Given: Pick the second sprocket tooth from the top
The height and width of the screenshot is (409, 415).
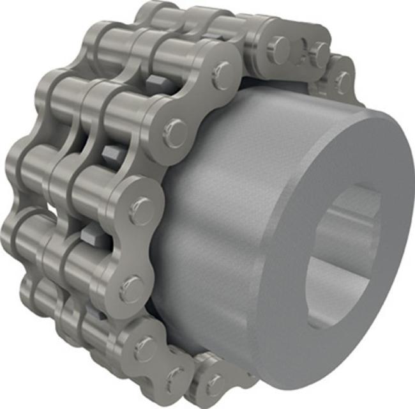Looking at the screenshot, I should tap(112, 153).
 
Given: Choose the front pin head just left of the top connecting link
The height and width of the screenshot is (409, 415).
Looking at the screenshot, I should tap(220, 75).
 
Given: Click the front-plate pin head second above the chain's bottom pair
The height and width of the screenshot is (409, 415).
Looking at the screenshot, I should tap(131, 289).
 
